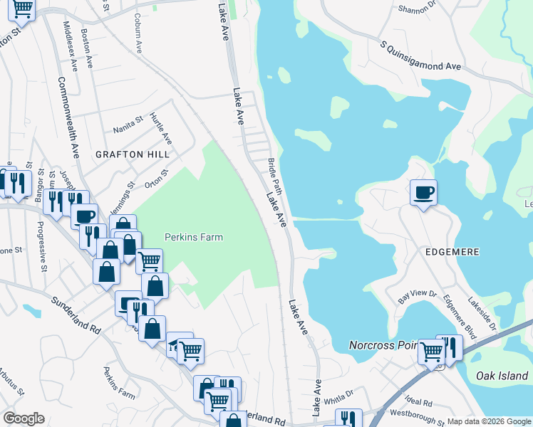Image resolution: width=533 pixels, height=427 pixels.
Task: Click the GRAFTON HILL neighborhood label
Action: [134, 154]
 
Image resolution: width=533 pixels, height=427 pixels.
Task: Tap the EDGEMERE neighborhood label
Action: [452, 252]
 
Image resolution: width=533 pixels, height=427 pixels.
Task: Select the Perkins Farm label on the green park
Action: [194, 238]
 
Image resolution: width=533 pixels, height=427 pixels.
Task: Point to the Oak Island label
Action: [503, 376]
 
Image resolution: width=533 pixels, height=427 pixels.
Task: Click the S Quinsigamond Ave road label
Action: [420, 57]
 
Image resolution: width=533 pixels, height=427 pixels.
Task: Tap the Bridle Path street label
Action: [276, 176]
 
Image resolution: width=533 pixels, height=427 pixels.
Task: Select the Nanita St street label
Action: [129, 125]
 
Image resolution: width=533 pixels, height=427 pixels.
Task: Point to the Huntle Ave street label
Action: [162, 128]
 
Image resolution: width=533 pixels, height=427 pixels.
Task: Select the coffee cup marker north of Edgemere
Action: [423, 192]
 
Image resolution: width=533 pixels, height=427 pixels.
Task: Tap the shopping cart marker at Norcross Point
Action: [431, 351]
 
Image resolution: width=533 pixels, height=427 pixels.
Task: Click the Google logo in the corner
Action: [24, 418]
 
